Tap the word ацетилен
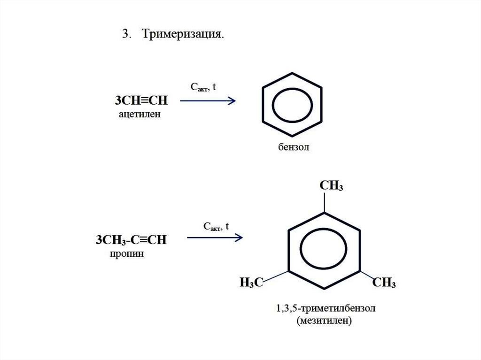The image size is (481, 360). [x=140, y=114]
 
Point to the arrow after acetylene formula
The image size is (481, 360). [x=207, y=101]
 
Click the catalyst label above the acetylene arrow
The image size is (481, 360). [x=202, y=87]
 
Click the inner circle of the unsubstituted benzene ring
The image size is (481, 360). [x=292, y=103]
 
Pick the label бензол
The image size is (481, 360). [x=291, y=148]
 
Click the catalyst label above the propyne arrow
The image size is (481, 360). [x=216, y=227]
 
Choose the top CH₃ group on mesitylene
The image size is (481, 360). [x=332, y=185]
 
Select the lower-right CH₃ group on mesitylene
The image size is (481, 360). [x=384, y=283]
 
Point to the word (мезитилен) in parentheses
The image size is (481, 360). [x=324, y=322]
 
